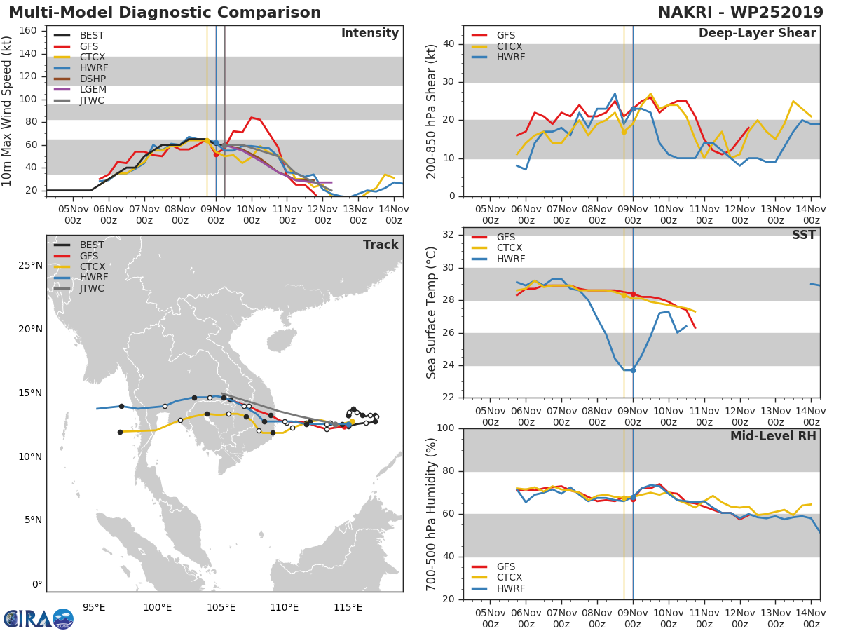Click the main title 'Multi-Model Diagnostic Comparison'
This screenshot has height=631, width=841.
tap(165, 13)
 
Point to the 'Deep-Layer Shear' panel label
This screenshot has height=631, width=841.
tap(757, 34)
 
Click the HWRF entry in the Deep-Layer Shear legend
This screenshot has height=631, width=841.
tap(510, 57)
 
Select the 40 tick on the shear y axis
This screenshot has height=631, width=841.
tap(450, 44)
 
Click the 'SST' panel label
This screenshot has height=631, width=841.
tap(803, 236)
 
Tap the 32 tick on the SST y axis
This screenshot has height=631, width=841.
tap(450, 235)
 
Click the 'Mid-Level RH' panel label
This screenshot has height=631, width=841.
tap(773, 436)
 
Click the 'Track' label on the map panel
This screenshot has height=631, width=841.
tap(381, 245)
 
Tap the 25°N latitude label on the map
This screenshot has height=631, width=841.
tap(30, 266)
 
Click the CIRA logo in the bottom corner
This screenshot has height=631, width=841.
tap(38, 618)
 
